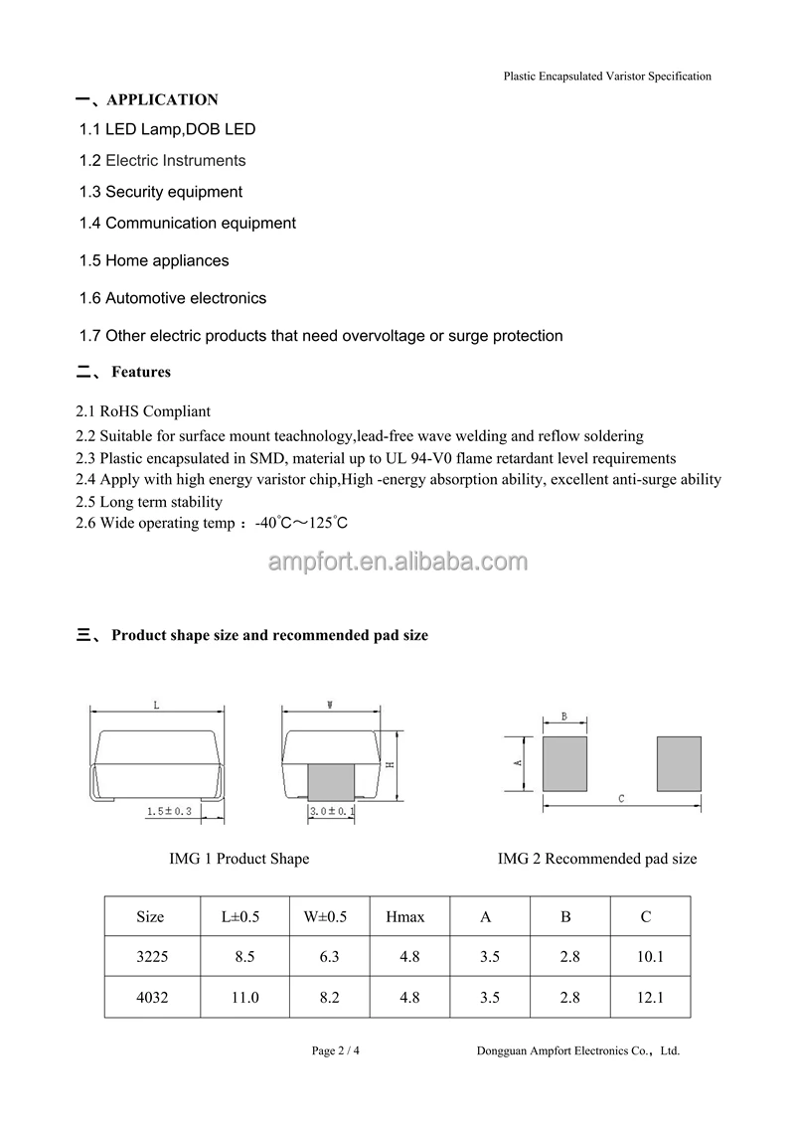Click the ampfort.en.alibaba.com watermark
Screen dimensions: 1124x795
click(397, 562)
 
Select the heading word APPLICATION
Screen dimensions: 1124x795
click(162, 99)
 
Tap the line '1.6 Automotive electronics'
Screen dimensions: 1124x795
click(173, 298)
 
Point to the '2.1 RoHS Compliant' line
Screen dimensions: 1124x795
click(143, 411)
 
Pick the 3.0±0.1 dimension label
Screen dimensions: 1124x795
click(332, 812)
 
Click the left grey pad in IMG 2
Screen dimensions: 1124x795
click(564, 763)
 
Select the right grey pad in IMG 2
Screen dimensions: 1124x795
click(679, 763)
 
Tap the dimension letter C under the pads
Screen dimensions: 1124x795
click(621, 798)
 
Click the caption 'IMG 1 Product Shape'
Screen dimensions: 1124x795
click(239, 859)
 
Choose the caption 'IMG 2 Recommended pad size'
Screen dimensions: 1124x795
click(597, 859)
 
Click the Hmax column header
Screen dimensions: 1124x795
click(405, 917)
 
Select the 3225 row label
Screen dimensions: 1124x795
click(152, 958)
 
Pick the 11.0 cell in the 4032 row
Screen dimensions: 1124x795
click(244, 998)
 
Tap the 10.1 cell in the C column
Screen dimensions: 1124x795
click(647, 958)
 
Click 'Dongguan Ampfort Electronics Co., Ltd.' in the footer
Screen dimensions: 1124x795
click(578, 1050)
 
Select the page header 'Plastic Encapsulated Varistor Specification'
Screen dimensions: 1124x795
click(607, 76)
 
